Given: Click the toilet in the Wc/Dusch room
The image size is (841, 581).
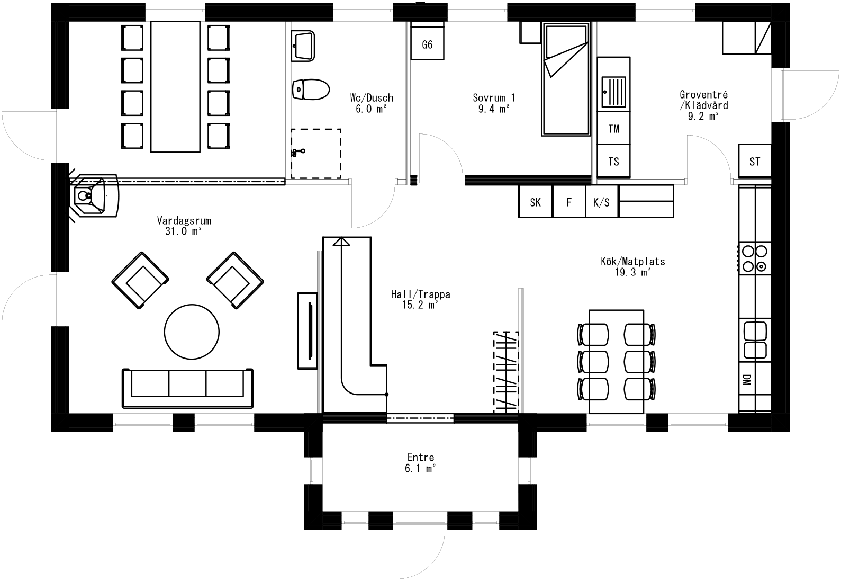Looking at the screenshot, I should [311, 90].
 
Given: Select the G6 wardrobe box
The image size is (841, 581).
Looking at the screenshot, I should [427, 44].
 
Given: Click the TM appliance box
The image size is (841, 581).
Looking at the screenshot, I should [614, 129].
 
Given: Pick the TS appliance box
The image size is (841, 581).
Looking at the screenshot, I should [614, 162].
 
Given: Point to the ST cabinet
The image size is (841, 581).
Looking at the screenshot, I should [755, 162].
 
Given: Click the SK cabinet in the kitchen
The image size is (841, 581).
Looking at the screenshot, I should [535, 202].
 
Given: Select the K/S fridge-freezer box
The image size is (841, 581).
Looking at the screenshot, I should [602, 202].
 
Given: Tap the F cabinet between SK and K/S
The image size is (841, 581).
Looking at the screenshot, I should [569, 202].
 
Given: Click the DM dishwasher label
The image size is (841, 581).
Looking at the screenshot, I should [747, 380].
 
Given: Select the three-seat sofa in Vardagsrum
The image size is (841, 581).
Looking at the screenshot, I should [187, 388].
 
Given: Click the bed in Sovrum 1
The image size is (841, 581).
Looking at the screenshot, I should [566, 79].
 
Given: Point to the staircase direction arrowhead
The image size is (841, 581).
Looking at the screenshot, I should [342, 242].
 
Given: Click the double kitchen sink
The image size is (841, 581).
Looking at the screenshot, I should [755, 340].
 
